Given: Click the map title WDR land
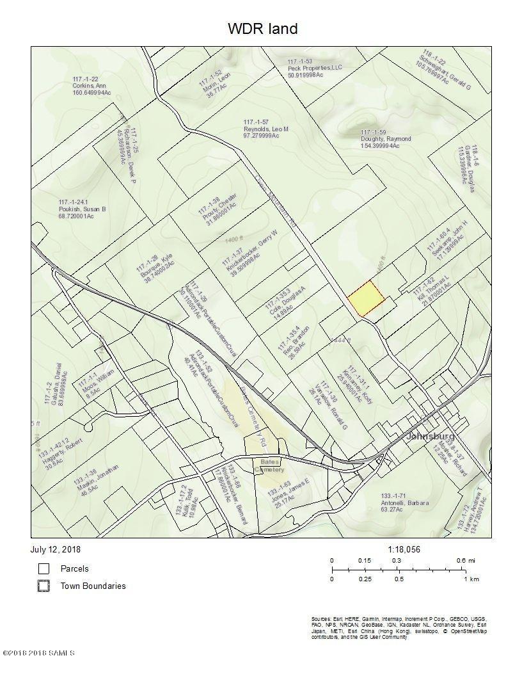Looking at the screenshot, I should tap(262, 29).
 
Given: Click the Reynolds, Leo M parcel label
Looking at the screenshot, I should tap(266, 129).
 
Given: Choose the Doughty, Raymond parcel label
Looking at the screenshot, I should tap(385, 139).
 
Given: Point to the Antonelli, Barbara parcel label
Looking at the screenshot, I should tap(405, 503).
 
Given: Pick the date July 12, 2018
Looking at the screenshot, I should tap(56, 549).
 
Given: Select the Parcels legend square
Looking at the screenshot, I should tap(43, 568).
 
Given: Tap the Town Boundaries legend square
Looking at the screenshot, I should tap(43, 586).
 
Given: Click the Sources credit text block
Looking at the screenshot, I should tap(399, 628).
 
